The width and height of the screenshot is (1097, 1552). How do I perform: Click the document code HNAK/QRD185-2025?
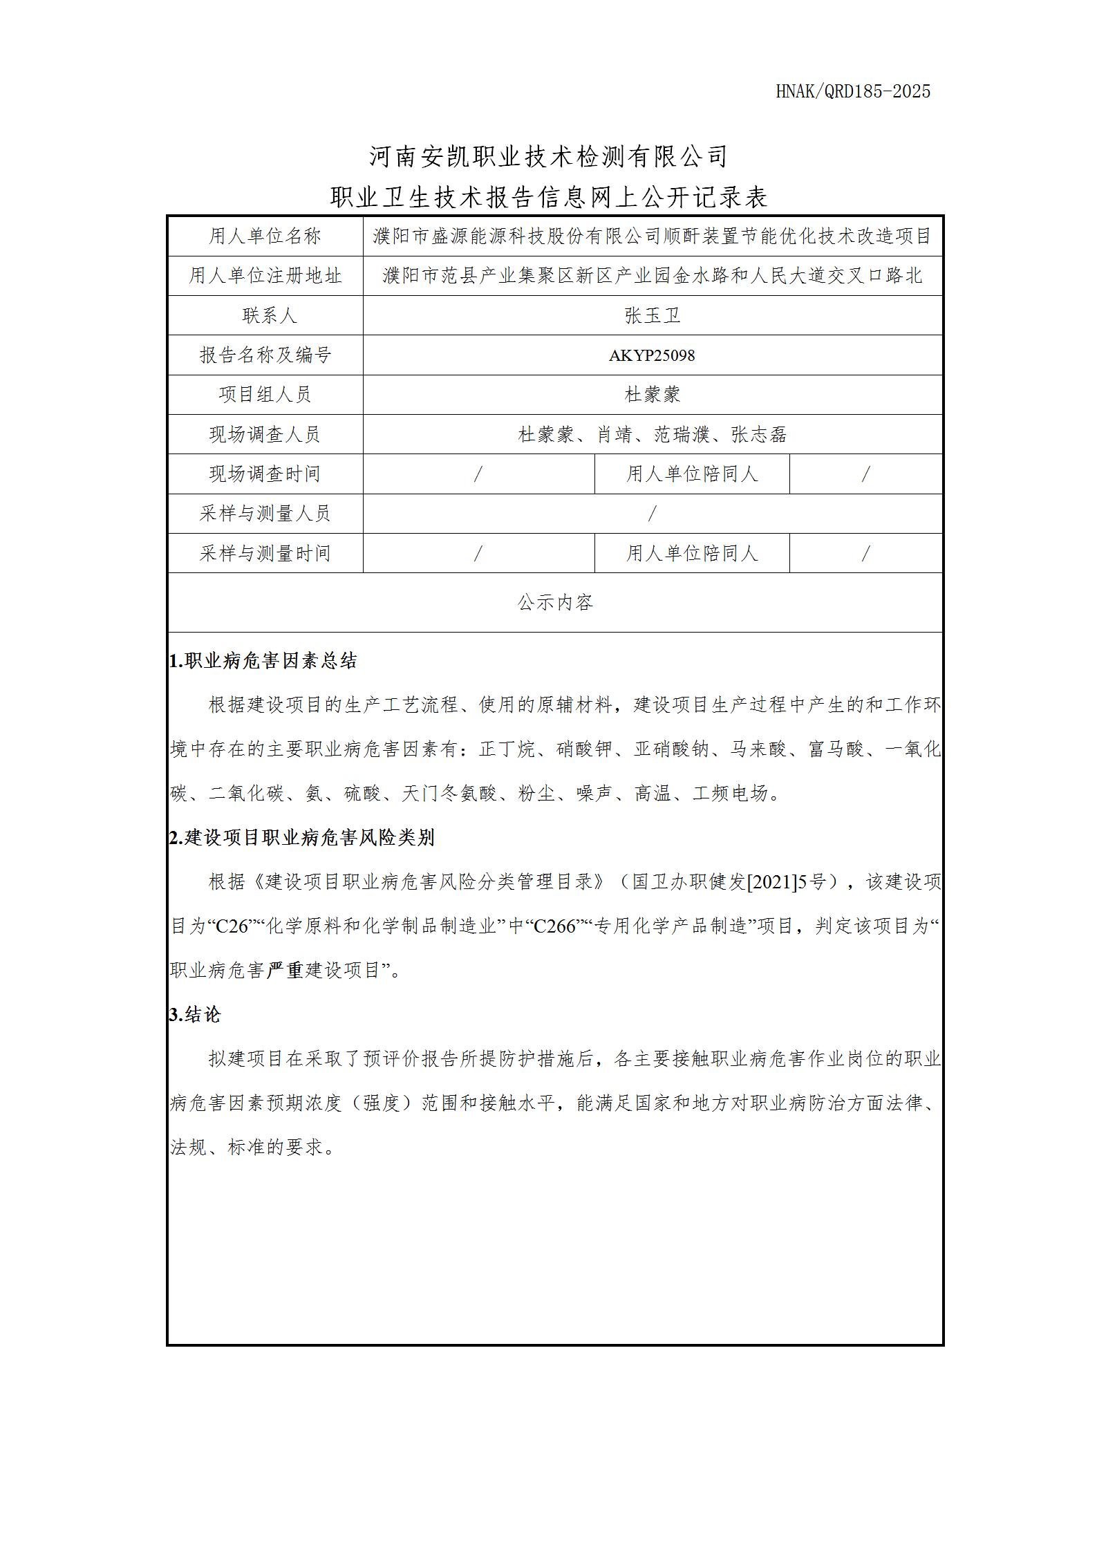pyautogui.click(x=853, y=91)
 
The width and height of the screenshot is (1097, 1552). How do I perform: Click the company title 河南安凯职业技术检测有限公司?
pyautogui.click(x=548, y=156)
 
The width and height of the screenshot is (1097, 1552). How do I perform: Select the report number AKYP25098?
pyautogui.click(x=652, y=355)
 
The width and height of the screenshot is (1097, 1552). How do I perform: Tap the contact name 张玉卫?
pyautogui.click(x=652, y=316)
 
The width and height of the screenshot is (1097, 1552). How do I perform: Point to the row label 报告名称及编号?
pyautogui.click(x=265, y=355)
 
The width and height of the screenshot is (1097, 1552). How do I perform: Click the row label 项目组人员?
pyautogui.click(x=265, y=395)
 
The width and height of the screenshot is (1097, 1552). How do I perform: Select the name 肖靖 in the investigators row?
pyautogui.click(x=614, y=435)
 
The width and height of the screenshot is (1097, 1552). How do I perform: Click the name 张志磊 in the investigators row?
pyautogui.click(x=759, y=435)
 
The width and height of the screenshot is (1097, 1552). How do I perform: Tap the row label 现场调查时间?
pyautogui.click(x=265, y=474)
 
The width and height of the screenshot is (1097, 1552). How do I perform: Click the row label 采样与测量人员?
pyautogui.click(x=265, y=514)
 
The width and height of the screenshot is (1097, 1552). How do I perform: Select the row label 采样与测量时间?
pyautogui.click(x=265, y=553)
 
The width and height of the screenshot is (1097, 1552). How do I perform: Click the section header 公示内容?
pyautogui.click(x=555, y=603)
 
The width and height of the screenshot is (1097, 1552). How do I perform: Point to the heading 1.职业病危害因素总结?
pyautogui.click(x=263, y=661)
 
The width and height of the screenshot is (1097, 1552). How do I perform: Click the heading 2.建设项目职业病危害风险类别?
pyautogui.click(x=302, y=838)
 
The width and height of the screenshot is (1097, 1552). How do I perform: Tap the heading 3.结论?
pyautogui.click(x=195, y=1015)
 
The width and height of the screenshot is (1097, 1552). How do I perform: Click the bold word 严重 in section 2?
pyautogui.click(x=285, y=971)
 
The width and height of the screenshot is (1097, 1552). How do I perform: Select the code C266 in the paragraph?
pyautogui.click(x=555, y=926)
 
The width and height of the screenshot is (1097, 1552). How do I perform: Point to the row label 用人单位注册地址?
pyautogui.click(x=265, y=276)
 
